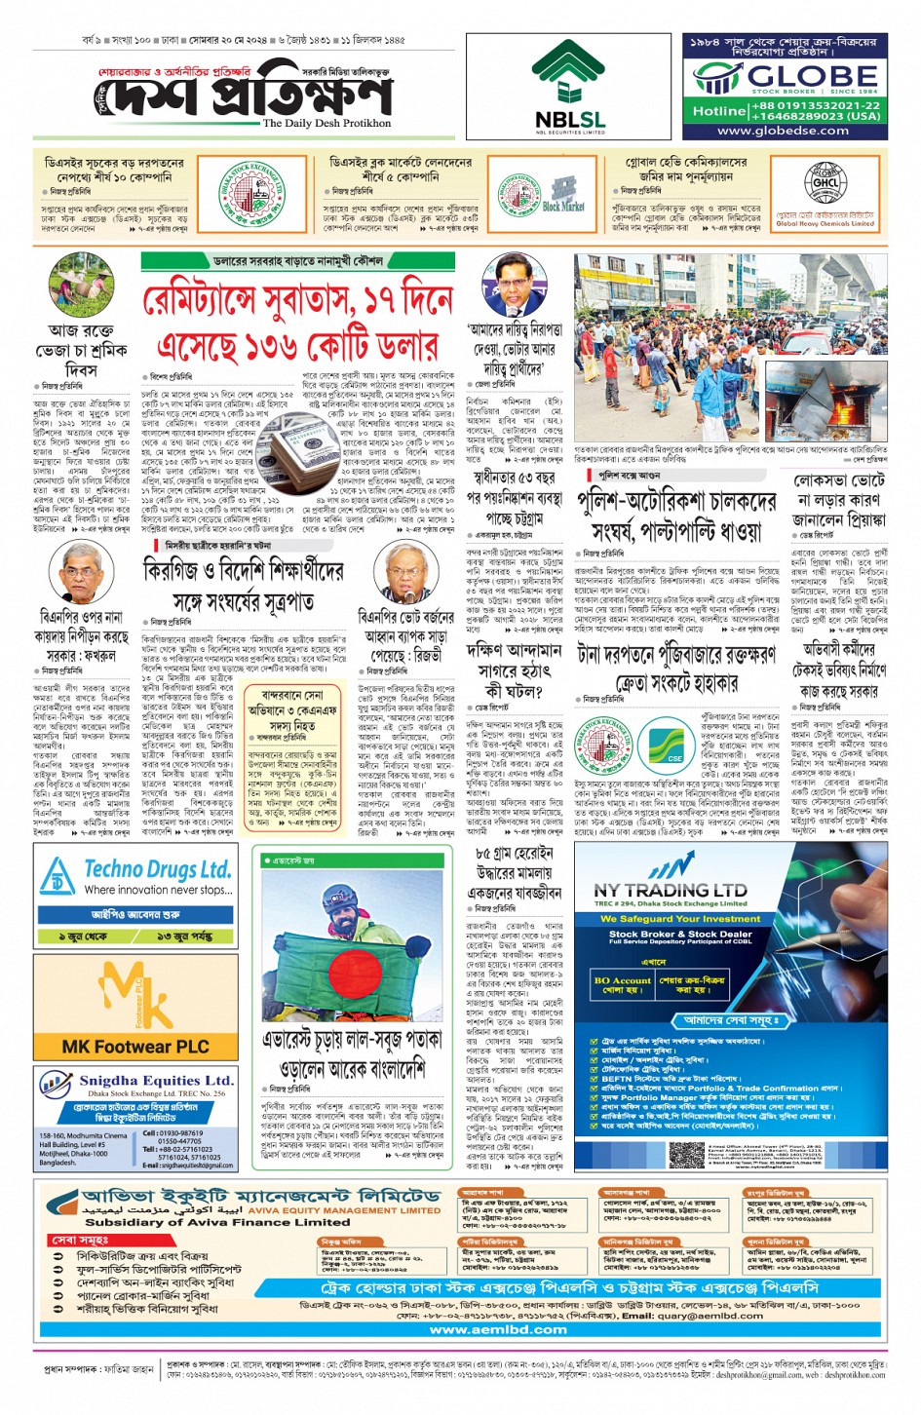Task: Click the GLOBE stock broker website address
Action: pos(783,131)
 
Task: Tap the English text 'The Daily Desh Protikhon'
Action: pos(326,124)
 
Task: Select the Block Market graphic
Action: pos(562,195)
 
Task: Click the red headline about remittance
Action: pos(296,323)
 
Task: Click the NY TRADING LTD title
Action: pos(670,889)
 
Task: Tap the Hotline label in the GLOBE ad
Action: pos(718,111)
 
